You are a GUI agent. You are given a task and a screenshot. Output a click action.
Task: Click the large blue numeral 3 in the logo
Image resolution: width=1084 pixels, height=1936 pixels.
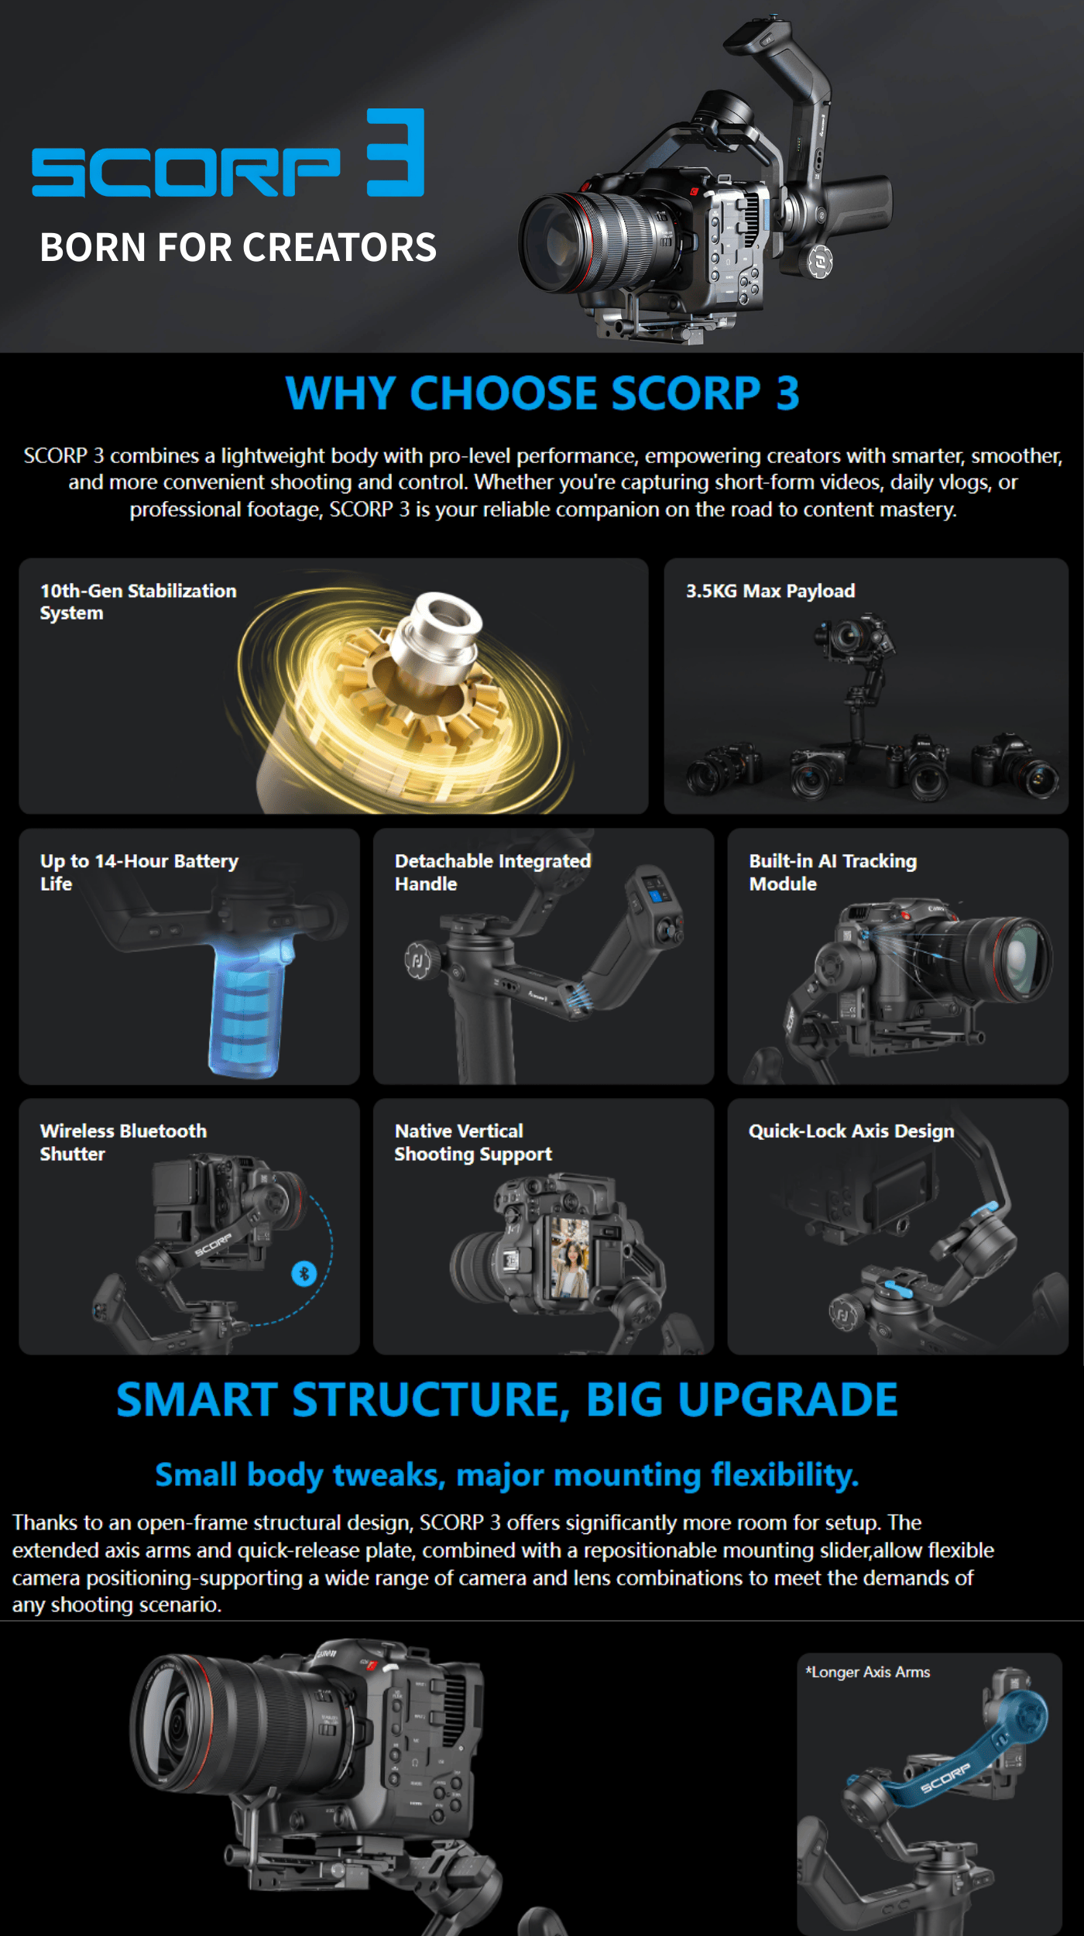pyautogui.click(x=396, y=152)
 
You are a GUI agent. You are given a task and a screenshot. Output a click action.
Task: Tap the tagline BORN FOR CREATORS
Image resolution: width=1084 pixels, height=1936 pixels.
pyautogui.click(x=238, y=248)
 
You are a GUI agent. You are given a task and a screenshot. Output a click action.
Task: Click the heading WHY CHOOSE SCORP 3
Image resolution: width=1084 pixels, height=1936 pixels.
pyautogui.click(x=542, y=393)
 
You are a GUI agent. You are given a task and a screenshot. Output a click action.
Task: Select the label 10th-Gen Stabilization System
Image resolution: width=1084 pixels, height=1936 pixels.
pyautogui.click(x=138, y=602)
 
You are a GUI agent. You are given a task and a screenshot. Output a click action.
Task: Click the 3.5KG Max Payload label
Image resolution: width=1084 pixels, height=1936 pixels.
pyautogui.click(x=770, y=591)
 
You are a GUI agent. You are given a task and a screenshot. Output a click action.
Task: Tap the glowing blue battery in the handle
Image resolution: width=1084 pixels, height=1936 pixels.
pyautogui.click(x=246, y=1011)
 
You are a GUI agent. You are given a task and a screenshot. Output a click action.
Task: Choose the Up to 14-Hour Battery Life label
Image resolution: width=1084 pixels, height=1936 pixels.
pyautogui.click(x=139, y=872)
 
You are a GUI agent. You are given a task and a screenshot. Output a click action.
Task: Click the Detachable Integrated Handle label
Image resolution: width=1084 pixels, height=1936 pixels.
pyautogui.click(x=492, y=872)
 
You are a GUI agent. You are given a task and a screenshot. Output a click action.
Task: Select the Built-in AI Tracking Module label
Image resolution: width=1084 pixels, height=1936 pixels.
pyautogui.click(x=832, y=872)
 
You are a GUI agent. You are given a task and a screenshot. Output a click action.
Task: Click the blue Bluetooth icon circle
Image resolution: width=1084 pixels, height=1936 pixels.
pyautogui.click(x=304, y=1273)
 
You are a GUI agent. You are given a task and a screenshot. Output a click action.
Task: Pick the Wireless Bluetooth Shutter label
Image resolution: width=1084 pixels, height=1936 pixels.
pyautogui.click(x=123, y=1142)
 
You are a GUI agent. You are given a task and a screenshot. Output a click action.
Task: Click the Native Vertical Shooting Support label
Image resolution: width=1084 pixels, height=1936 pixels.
pyautogui.click(x=473, y=1142)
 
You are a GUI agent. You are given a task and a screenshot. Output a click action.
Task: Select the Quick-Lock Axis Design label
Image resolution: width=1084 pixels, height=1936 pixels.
pyautogui.click(x=851, y=1131)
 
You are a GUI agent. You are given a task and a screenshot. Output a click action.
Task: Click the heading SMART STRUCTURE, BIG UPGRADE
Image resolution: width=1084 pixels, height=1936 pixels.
pyautogui.click(x=507, y=1400)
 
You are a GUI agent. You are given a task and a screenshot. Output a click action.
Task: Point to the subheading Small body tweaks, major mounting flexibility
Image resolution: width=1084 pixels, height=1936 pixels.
pyautogui.click(x=507, y=1475)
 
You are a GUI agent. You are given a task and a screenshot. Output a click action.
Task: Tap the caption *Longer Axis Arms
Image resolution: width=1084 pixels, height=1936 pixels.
pyautogui.click(x=867, y=1672)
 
